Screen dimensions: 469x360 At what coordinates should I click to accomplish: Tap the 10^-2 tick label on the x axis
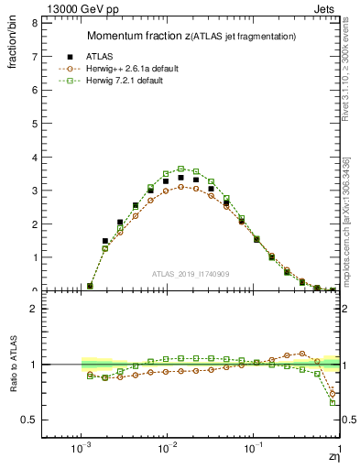coord(167,451)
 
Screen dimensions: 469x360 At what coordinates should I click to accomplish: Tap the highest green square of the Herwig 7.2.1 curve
coord(181,169)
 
